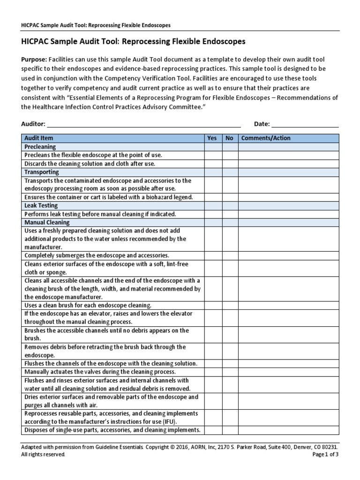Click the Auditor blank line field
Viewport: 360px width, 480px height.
143,124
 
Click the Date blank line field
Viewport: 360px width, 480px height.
305,124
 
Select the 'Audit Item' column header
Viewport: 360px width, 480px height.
39,138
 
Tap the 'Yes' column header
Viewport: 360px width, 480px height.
212,138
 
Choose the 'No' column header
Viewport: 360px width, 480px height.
230,138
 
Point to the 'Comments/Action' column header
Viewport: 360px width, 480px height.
266,138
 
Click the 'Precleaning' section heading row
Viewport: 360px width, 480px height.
40,147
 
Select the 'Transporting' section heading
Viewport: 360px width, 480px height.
42,172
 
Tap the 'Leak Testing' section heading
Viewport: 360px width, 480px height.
41,206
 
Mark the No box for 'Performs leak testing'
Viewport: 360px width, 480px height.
230,214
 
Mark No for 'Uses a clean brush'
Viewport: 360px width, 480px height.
230,305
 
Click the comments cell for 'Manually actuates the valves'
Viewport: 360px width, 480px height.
288,372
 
